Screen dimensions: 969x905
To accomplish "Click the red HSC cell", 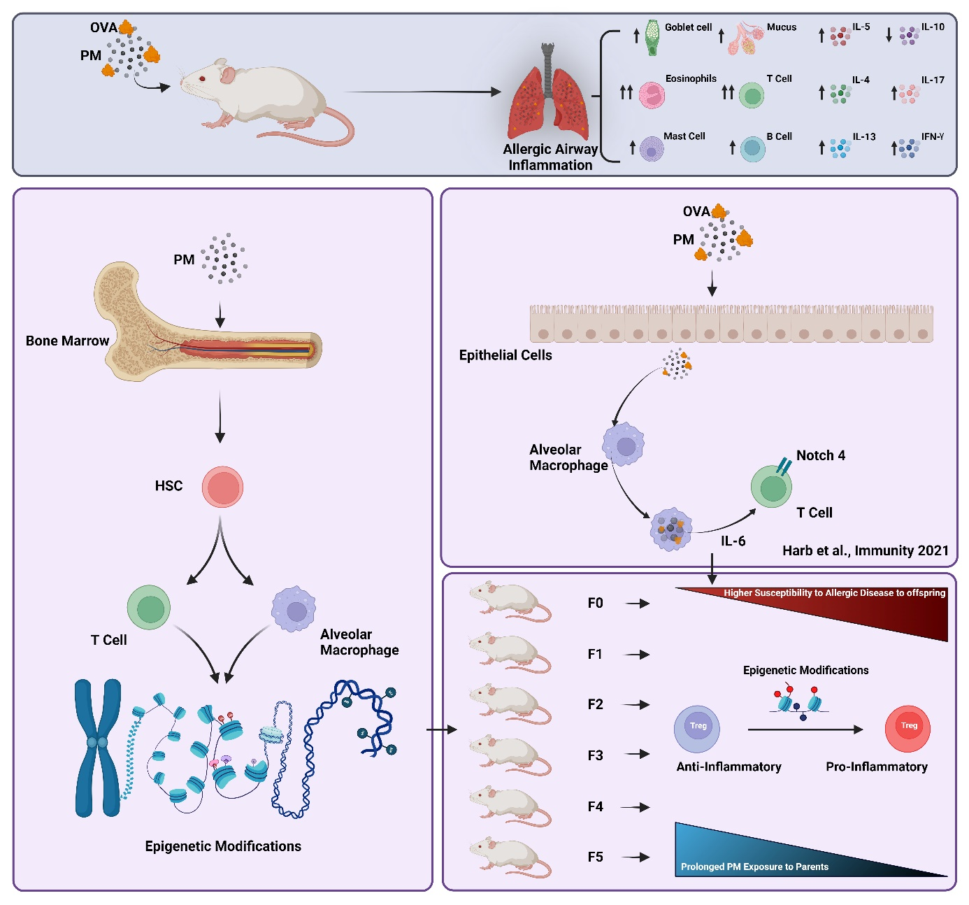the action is coord(222,487).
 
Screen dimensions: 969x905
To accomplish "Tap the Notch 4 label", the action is coord(820,455).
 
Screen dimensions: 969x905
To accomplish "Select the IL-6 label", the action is coord(733,541).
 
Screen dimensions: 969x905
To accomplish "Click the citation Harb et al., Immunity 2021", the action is coord(865,550).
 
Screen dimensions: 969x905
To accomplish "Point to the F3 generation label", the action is coord(595,755).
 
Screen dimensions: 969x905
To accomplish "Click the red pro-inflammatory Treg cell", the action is coord(907,728).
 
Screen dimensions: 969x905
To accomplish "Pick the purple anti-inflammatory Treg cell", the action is coord(697,728).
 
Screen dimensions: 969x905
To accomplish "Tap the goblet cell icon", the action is coord(652,38).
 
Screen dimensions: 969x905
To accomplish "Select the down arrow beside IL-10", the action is coord(889,35).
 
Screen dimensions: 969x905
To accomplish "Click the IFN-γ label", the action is coord(933,136).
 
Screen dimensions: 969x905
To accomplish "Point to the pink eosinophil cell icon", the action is coord(652,94).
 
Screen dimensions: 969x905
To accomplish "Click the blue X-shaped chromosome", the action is coord(98,748).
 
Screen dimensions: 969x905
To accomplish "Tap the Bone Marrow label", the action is coord(67,341).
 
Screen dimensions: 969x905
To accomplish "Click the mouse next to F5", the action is coord(510,857).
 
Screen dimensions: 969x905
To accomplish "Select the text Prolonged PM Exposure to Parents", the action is coord(754,867).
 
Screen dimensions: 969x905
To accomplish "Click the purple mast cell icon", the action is coord(652,149).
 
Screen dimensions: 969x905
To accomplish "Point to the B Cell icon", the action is coord(752,148).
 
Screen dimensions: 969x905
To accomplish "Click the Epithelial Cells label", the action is coord(505,355).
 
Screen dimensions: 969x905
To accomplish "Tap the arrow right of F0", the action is coord(637,604).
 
